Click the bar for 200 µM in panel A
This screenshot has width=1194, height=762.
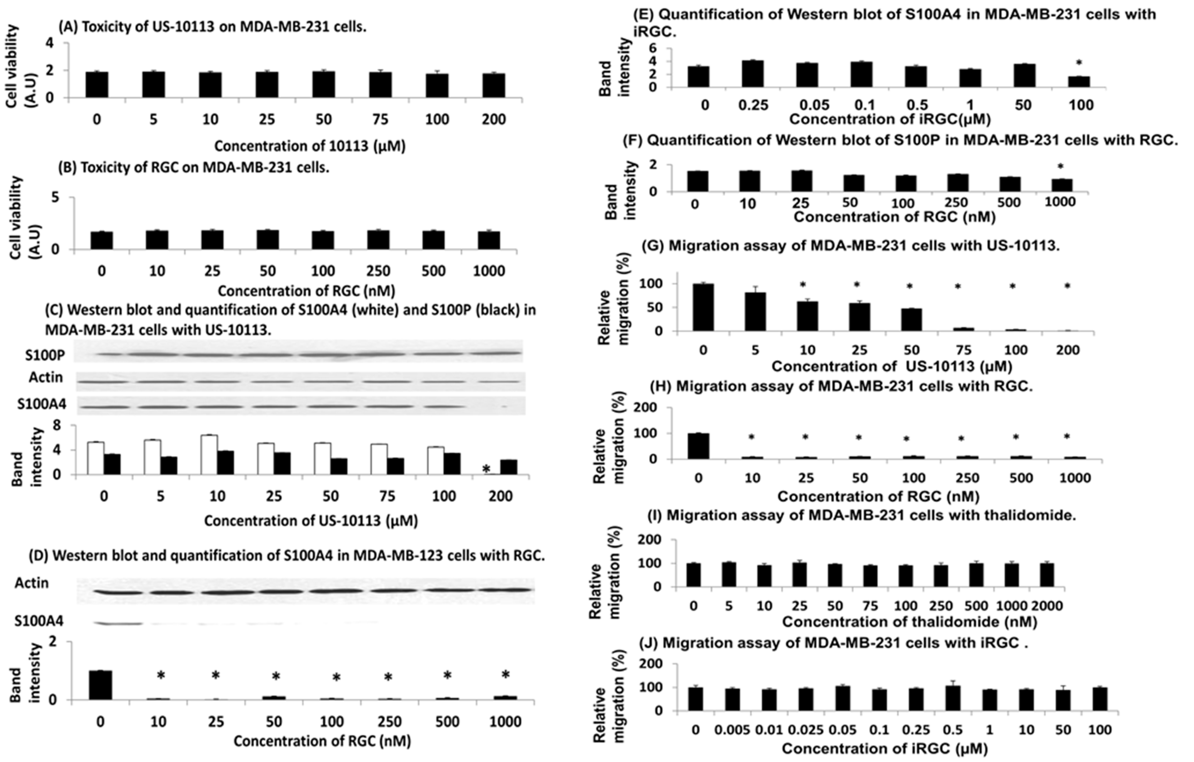[x=493, y=86]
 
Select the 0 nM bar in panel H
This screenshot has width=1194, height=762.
[x=699, y=446]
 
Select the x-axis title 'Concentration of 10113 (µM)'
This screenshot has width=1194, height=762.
[x=310, y=146]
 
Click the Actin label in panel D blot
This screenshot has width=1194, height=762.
[x=46, y=583]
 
